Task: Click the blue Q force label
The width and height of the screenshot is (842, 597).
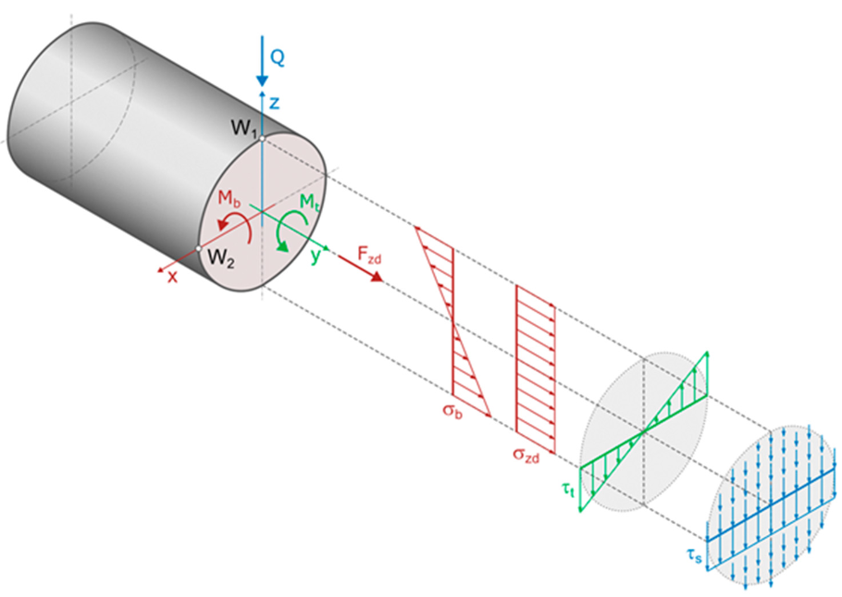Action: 277,57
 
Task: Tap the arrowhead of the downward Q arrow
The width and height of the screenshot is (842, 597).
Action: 262,80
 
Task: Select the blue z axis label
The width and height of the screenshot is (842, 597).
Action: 275,103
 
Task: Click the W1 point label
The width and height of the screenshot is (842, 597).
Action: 243,128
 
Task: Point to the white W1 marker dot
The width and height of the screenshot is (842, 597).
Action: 262,139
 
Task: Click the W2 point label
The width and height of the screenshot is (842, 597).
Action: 221,258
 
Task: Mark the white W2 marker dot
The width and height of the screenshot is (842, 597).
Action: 198,248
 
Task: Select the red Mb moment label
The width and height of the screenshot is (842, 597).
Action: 229,198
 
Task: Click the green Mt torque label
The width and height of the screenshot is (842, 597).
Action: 309,202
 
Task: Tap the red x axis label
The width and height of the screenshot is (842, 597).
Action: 172,277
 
